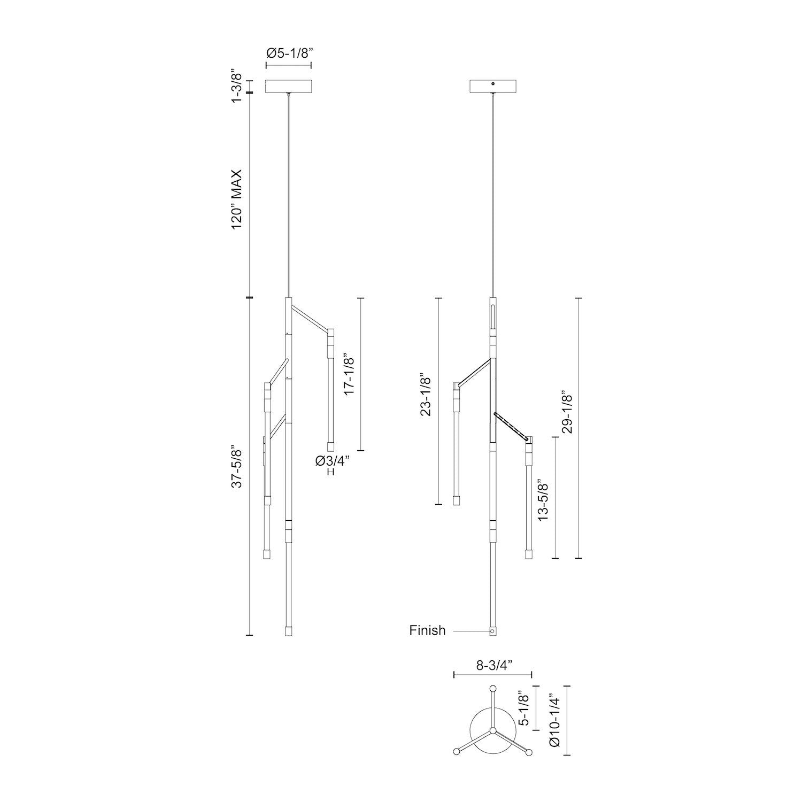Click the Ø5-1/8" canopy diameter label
[289, 53]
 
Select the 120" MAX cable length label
[236, 199]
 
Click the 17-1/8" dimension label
[349, 374]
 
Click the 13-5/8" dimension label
[544, 500]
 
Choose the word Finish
[427, 630]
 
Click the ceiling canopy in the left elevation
[289, 87]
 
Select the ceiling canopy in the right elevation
[492, 87]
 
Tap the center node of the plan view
[493, 730]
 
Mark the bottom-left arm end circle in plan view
[457, 752]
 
